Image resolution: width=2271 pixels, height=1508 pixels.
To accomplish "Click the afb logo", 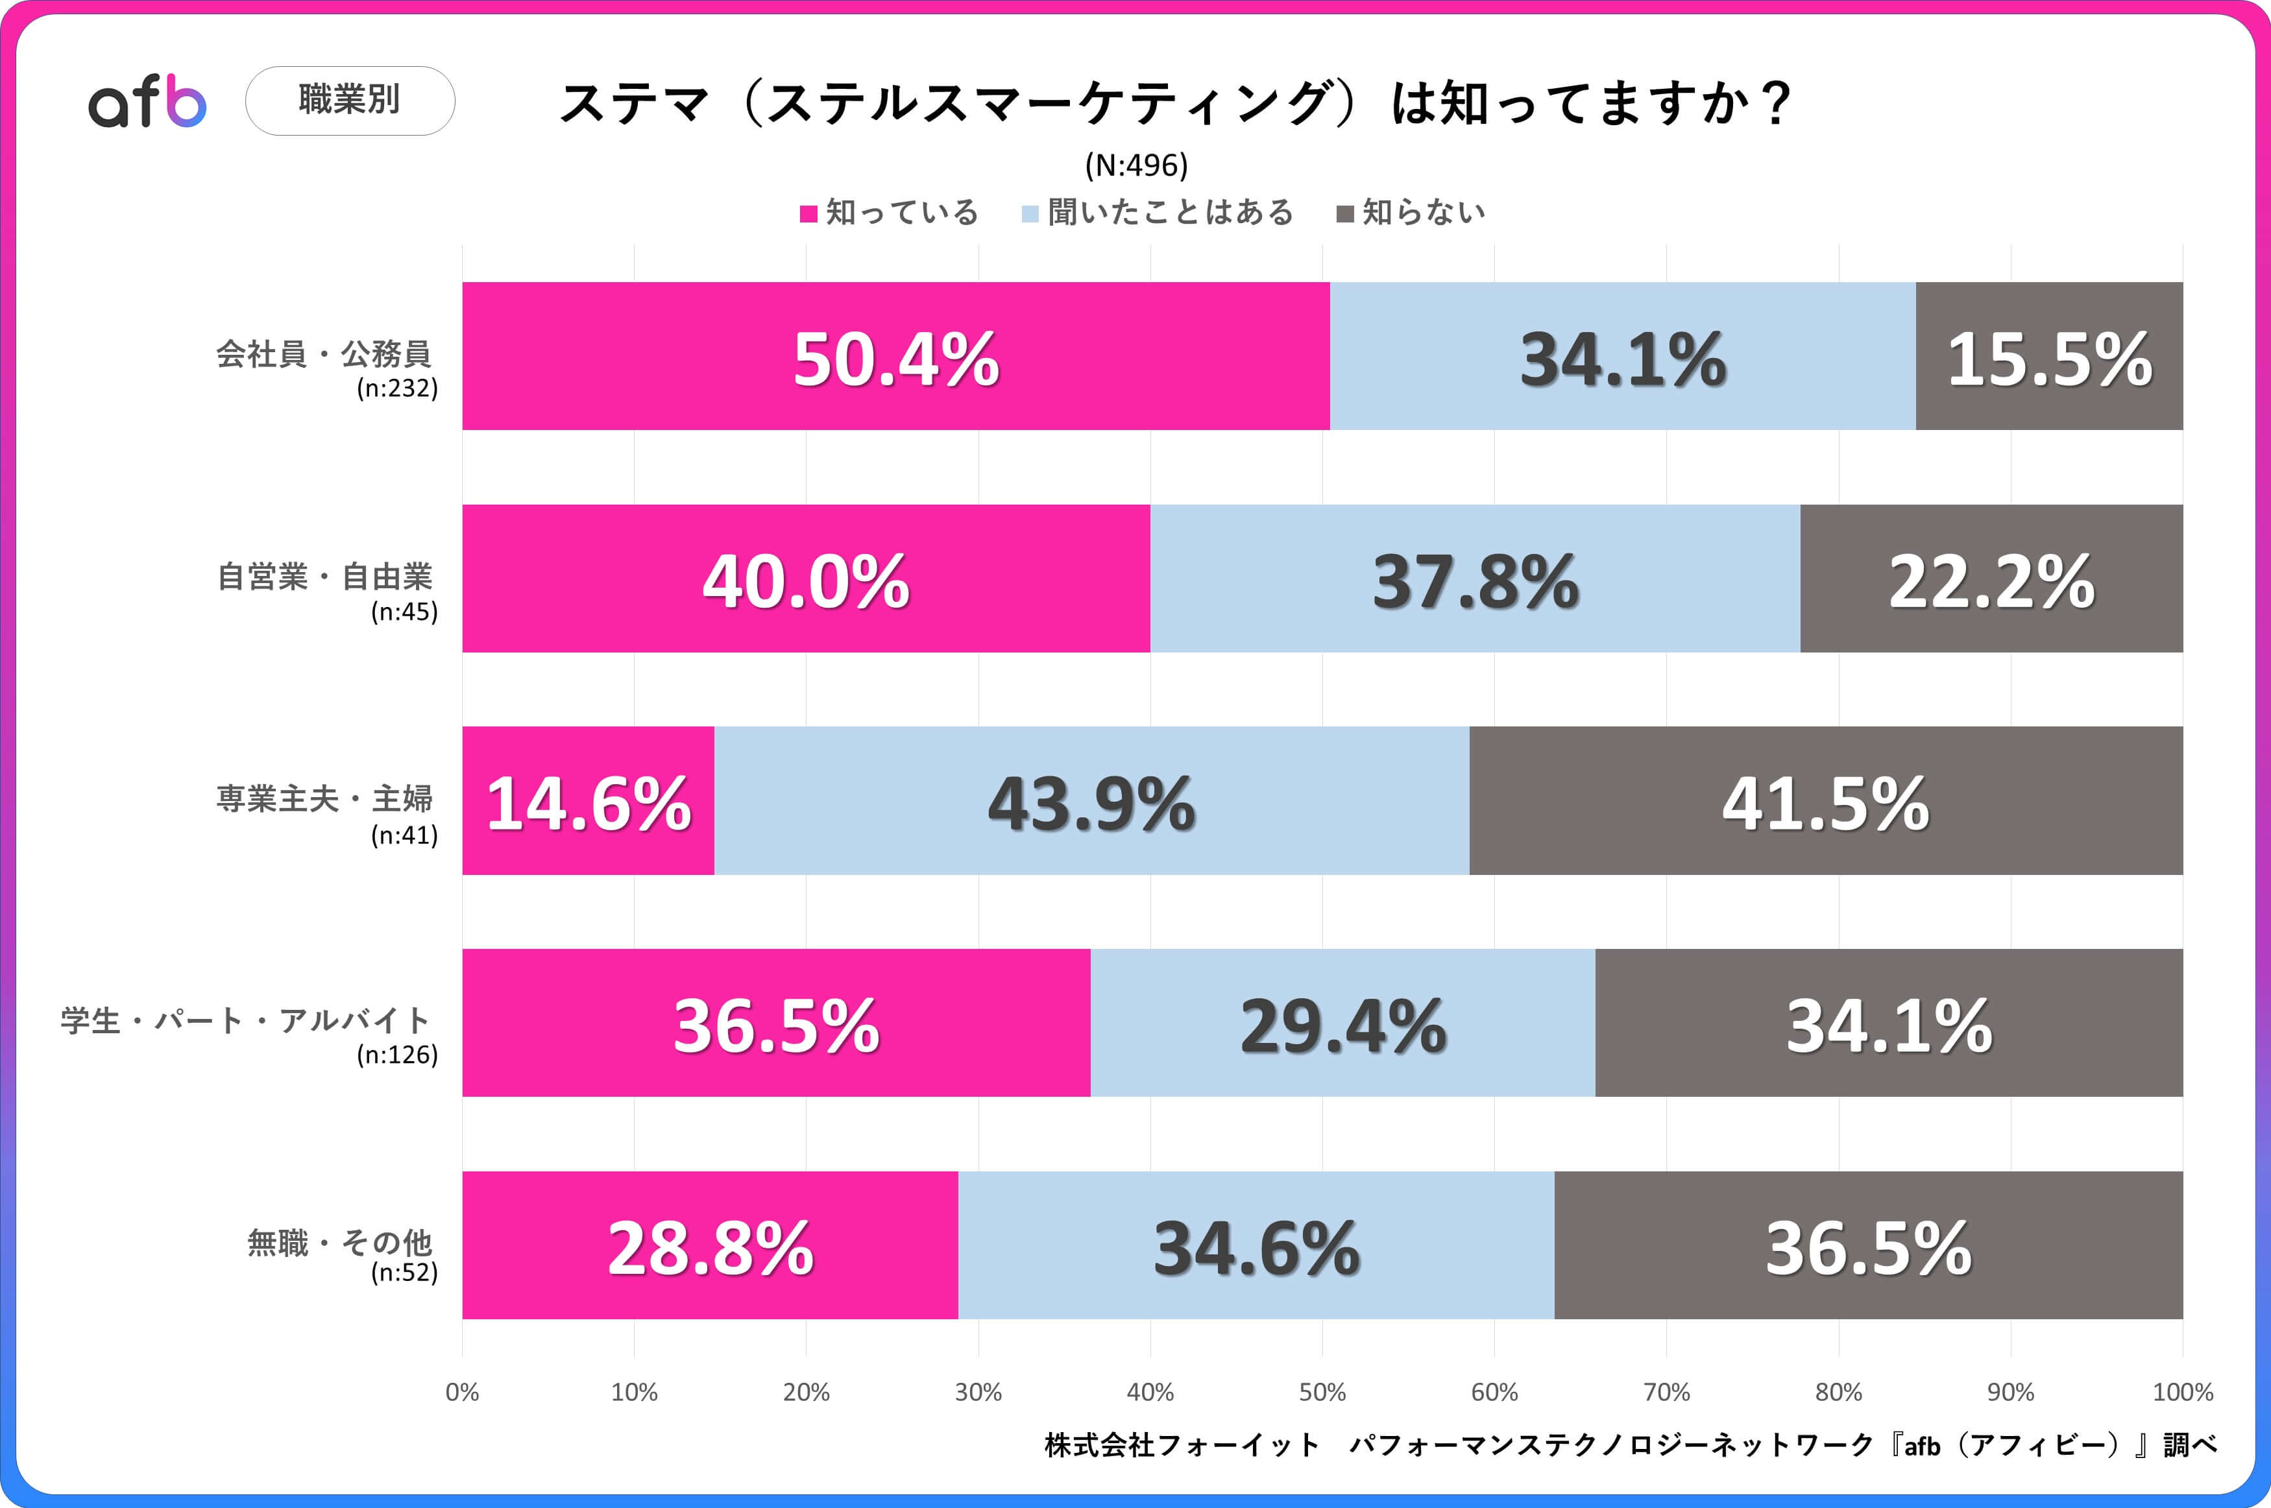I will point(147,102).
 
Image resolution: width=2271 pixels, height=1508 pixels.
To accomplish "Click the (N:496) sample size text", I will point(1136,165).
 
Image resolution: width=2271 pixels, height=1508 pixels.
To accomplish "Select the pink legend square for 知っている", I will point(808,213).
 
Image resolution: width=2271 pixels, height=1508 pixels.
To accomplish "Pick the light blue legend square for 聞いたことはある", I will point(1030,213).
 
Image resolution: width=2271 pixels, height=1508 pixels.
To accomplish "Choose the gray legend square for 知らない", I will point(1344,213).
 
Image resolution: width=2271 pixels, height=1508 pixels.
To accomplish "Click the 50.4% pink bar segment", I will point(895,357).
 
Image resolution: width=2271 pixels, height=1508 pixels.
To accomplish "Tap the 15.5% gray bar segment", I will point(2049,357).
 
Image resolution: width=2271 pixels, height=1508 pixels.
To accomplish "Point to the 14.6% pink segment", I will point(588,801).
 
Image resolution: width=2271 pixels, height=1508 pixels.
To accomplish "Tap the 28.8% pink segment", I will point(710,1245).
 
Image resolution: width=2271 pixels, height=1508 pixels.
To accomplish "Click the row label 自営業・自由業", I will point(325,577).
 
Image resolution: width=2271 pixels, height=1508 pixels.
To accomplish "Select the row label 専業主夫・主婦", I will point(325,799).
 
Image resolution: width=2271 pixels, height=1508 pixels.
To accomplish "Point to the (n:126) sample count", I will point(397,1055).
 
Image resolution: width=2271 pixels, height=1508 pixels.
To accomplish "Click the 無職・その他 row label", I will point(339,1243).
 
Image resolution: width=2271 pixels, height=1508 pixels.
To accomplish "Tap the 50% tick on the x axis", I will point(1322,1392).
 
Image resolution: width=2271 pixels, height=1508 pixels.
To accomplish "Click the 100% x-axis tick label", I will point(2181,1392).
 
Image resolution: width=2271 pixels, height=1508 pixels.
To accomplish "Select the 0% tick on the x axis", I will point(463,1392).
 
